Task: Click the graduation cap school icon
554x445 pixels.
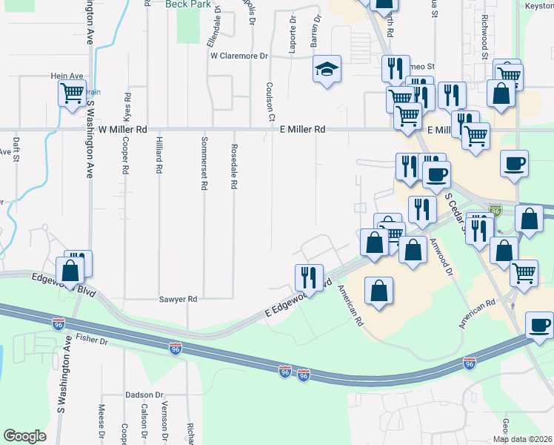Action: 327,70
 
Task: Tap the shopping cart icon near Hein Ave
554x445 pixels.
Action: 73,94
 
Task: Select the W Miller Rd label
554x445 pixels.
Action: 123,129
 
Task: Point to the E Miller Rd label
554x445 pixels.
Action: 303,129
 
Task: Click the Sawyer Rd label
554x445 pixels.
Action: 178,299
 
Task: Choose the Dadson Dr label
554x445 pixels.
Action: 144,395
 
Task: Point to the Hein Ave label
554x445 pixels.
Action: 67,76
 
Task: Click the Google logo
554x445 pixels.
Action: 24,436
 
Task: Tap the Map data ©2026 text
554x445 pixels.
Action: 523,439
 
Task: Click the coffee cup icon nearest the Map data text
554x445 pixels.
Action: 539,326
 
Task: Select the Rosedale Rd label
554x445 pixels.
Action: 233,166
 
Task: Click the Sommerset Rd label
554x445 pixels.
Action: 203,163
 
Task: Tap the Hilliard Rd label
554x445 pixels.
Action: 158,156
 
